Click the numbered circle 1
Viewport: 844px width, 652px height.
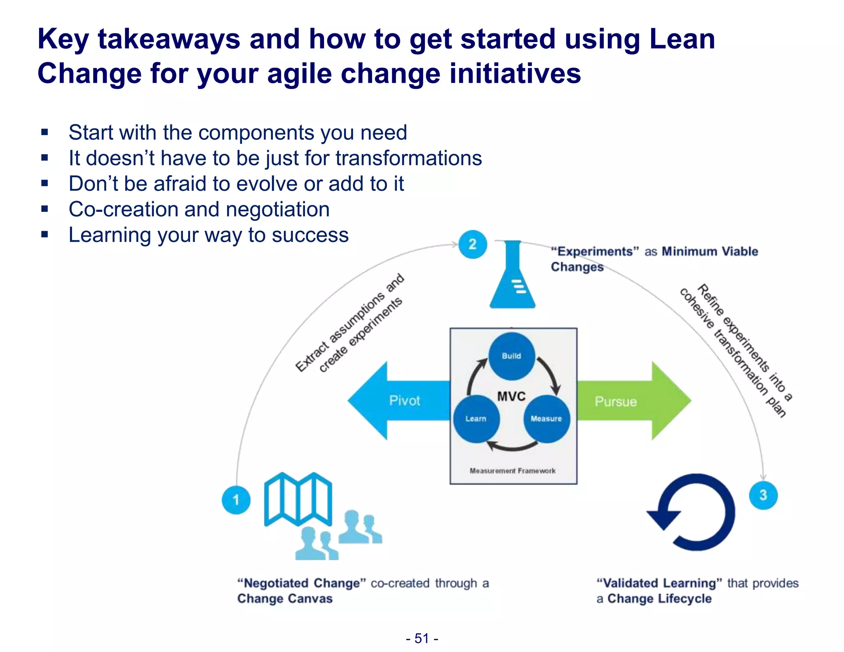click(236, 500)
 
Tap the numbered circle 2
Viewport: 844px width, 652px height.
click(472, 244)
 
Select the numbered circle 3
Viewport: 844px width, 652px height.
click(763, 495)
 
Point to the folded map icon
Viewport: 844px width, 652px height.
click(298, 499)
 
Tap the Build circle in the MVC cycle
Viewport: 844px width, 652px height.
click(511, 356)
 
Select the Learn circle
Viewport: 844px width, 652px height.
click(476, 419)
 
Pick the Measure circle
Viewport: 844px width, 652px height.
click(546, 419)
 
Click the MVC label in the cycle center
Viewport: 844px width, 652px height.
click(511, 396)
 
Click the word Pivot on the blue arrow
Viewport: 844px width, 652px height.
click(404, 401)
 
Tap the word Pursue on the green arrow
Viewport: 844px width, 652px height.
click(615, 401)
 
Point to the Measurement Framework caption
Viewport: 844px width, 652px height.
click(512, 471)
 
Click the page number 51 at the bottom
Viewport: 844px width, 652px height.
click(422, 638)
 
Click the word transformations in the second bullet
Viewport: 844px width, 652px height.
click(408, 158)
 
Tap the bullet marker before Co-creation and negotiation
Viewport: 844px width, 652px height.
click(45, 209)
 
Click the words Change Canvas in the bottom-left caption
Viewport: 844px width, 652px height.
click(284, 598)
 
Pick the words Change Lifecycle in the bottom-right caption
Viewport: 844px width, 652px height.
click(659, 598)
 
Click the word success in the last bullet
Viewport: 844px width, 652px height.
click(310, 235)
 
